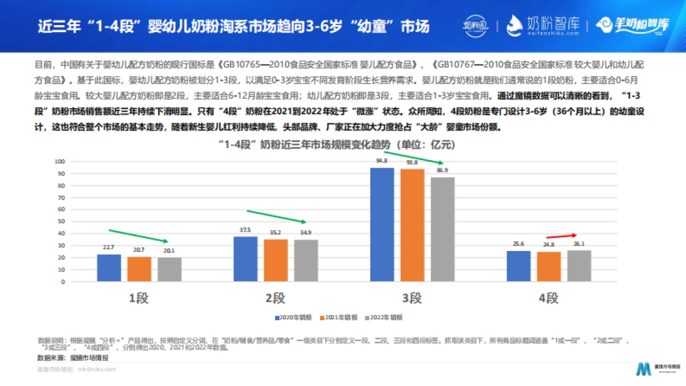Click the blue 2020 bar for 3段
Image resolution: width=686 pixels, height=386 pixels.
pyautogui.click(x=382, y=225)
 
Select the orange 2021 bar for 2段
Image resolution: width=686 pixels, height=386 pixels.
pyautogui.click(x=276, y=260)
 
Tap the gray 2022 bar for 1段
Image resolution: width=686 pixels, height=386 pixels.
pyautogui.click(x=170, y=269)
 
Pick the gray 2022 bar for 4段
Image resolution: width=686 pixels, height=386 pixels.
pyautogui.click(x=579, y=266)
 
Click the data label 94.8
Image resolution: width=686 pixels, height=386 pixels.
pyautogui.click(x=382, y=162)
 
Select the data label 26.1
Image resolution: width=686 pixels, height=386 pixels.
pyautogui.click(x=579, y=245)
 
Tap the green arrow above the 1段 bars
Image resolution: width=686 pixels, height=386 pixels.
pyautogui.click(x=138, y=236)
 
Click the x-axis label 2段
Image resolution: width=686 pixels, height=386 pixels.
pyautogui.click(x=276, y=298)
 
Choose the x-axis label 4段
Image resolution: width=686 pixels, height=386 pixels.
pyautogui.click(x=548, y=298)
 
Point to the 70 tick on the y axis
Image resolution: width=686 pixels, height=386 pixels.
pyautogui.click(x=59, y=197)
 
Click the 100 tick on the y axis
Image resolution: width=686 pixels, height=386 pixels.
pyautogui.click(x=58, y=161)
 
